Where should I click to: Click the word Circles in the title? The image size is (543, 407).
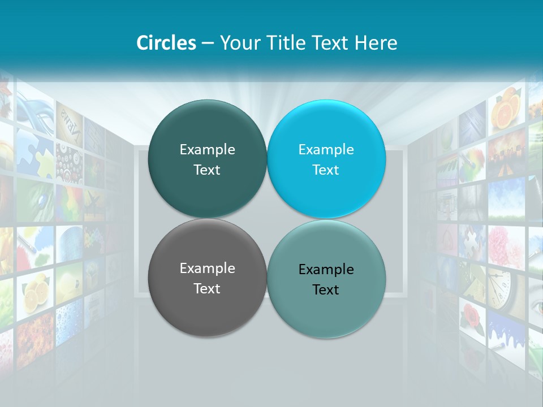pyautogui.click(x=166, y=43)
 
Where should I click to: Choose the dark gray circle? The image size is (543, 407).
pyautogui.click(x=207, y=305)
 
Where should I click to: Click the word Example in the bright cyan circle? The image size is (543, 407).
pyautogui.click(x=326, y=150)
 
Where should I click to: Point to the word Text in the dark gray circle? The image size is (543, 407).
pyautogui.click(x=207, y=289)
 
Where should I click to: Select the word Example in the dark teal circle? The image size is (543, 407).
pyautogui.click(x=207, y=150)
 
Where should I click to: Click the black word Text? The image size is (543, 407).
pyautogui.click(x=326, y=290)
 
